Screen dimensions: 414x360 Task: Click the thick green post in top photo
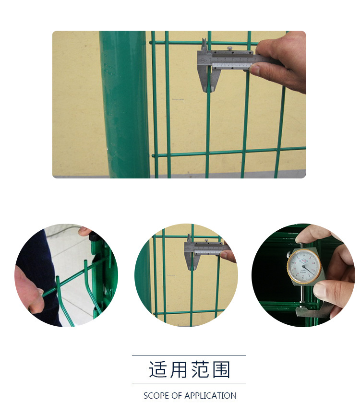coord(124,105)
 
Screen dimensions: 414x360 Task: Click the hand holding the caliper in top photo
coord(283,59)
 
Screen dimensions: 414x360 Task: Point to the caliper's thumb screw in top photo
coord(230,47)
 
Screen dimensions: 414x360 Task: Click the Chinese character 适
coord(158,370)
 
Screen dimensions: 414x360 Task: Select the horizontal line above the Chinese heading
coord(189,355)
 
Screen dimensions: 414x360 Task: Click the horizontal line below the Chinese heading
coord(189,383)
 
